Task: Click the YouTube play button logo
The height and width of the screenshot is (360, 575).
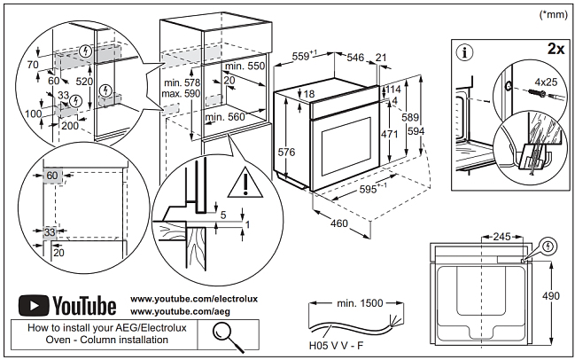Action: point(34,306)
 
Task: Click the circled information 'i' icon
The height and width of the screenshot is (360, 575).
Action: point(463,51)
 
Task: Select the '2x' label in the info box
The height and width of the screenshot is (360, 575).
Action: point(555,49)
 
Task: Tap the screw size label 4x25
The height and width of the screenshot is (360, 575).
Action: point(541,82)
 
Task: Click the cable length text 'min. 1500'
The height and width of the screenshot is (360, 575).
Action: point(360,303)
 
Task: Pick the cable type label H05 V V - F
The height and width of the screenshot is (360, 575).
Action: point(337,344)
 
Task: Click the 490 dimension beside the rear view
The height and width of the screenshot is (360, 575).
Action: point(556,296)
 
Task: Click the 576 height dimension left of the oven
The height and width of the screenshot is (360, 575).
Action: point(286,153)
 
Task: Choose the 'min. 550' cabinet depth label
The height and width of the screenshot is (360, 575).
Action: point(245,67)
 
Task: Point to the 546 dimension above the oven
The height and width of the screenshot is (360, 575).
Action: point(354,57)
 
